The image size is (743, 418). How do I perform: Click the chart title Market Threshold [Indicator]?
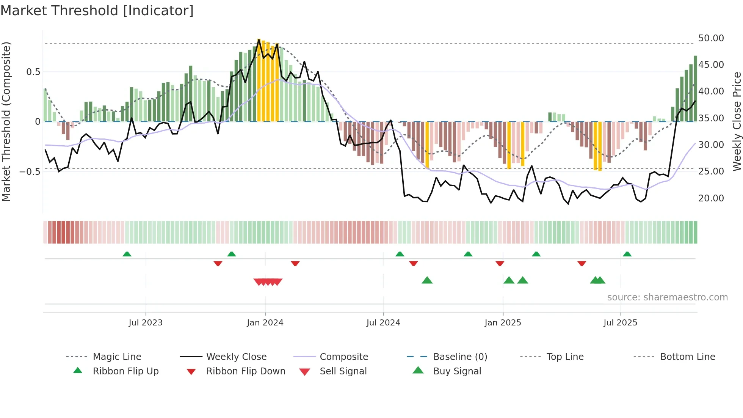[x=97, y=11]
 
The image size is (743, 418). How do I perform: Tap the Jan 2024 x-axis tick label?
[x=265, y=323]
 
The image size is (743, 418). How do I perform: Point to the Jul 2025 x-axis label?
[x=620, y=323]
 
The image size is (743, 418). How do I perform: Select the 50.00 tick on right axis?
[x=711, y=38]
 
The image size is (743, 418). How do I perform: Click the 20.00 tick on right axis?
[x=711, y=198]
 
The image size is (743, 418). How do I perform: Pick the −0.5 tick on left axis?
[x=30, y=172]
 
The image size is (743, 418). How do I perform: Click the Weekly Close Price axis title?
[x=737, y=121]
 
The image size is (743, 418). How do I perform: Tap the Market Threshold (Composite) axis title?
[x=6, y=121]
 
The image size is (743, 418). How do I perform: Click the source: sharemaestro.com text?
[x=667, y=297]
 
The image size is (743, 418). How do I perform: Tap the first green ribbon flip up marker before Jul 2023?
[x=127, y=254]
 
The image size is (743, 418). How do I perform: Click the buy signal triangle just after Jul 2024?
[x=427, y=280]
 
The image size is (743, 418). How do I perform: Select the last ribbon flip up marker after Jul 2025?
[x=627, y=254]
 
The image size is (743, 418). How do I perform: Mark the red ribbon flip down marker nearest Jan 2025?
[x=500, y=263]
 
